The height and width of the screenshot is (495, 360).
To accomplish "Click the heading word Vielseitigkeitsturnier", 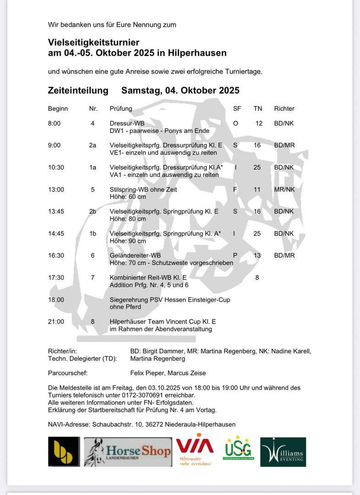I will [x=94, y=43].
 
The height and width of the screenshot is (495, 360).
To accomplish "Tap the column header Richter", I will [x=284, y=109].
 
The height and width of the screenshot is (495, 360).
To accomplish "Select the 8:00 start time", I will [x=54, y=123].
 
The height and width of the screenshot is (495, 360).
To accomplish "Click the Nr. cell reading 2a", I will [x=93, y=145].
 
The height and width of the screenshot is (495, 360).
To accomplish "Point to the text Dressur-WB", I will [x=127, y=123].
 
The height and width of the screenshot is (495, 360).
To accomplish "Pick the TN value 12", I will [x=259, y=123].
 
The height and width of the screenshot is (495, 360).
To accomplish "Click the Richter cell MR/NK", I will [x=284, y=189].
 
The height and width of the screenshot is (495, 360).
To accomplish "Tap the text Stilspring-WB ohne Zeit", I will [x=143, y=189].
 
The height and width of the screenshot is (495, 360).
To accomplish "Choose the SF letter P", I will [x=235, y=255].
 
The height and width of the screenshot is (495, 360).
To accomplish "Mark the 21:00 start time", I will [x=56, y=321].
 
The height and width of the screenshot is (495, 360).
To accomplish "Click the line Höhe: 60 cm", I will [x=127, y=197].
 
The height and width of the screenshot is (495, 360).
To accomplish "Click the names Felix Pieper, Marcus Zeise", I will [x=168, y=373].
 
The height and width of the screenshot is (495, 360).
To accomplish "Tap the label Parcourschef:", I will [x=67, y=373].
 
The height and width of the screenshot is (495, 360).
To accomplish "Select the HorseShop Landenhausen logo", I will [x=128, y=452].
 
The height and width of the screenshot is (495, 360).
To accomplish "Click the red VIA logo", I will [x=195, y=449].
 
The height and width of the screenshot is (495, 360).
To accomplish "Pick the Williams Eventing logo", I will [x=283, y=452].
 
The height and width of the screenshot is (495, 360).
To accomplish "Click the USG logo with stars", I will [x=238, y=448].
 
